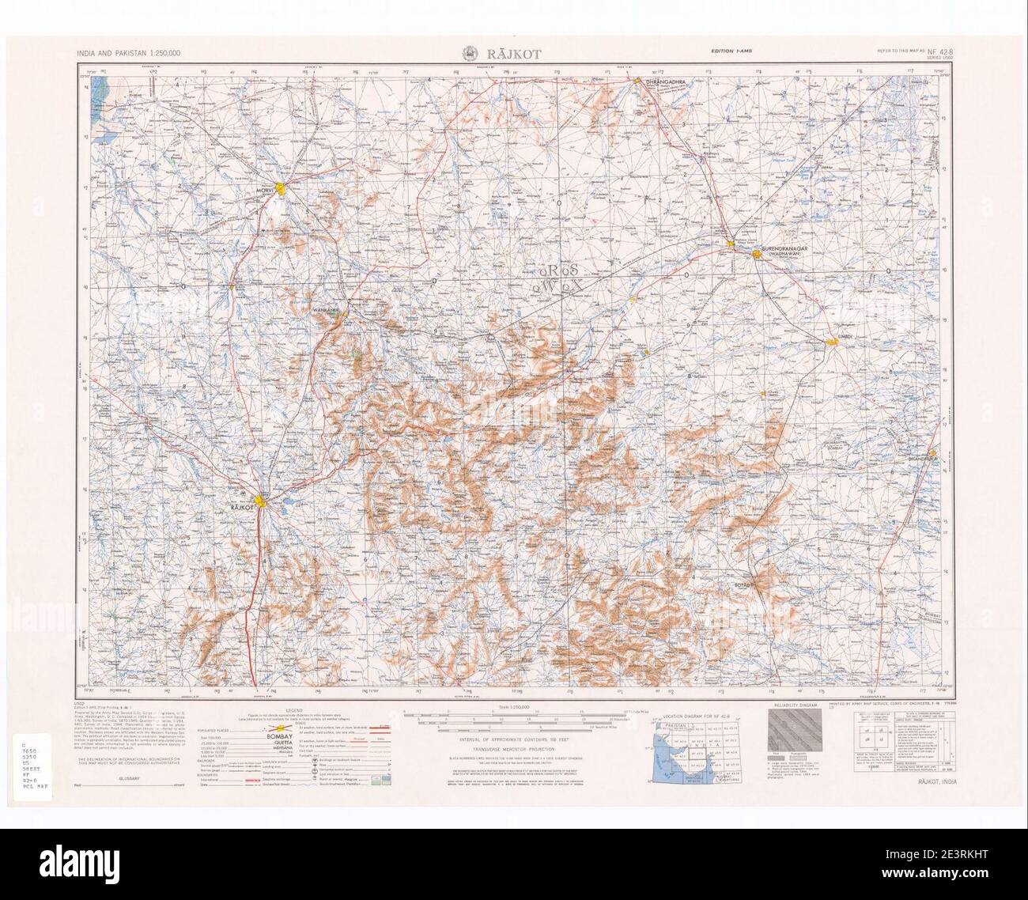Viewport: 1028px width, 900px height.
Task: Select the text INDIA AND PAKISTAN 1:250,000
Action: tap(129, 53)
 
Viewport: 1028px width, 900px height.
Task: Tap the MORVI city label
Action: tap(264, 191)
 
